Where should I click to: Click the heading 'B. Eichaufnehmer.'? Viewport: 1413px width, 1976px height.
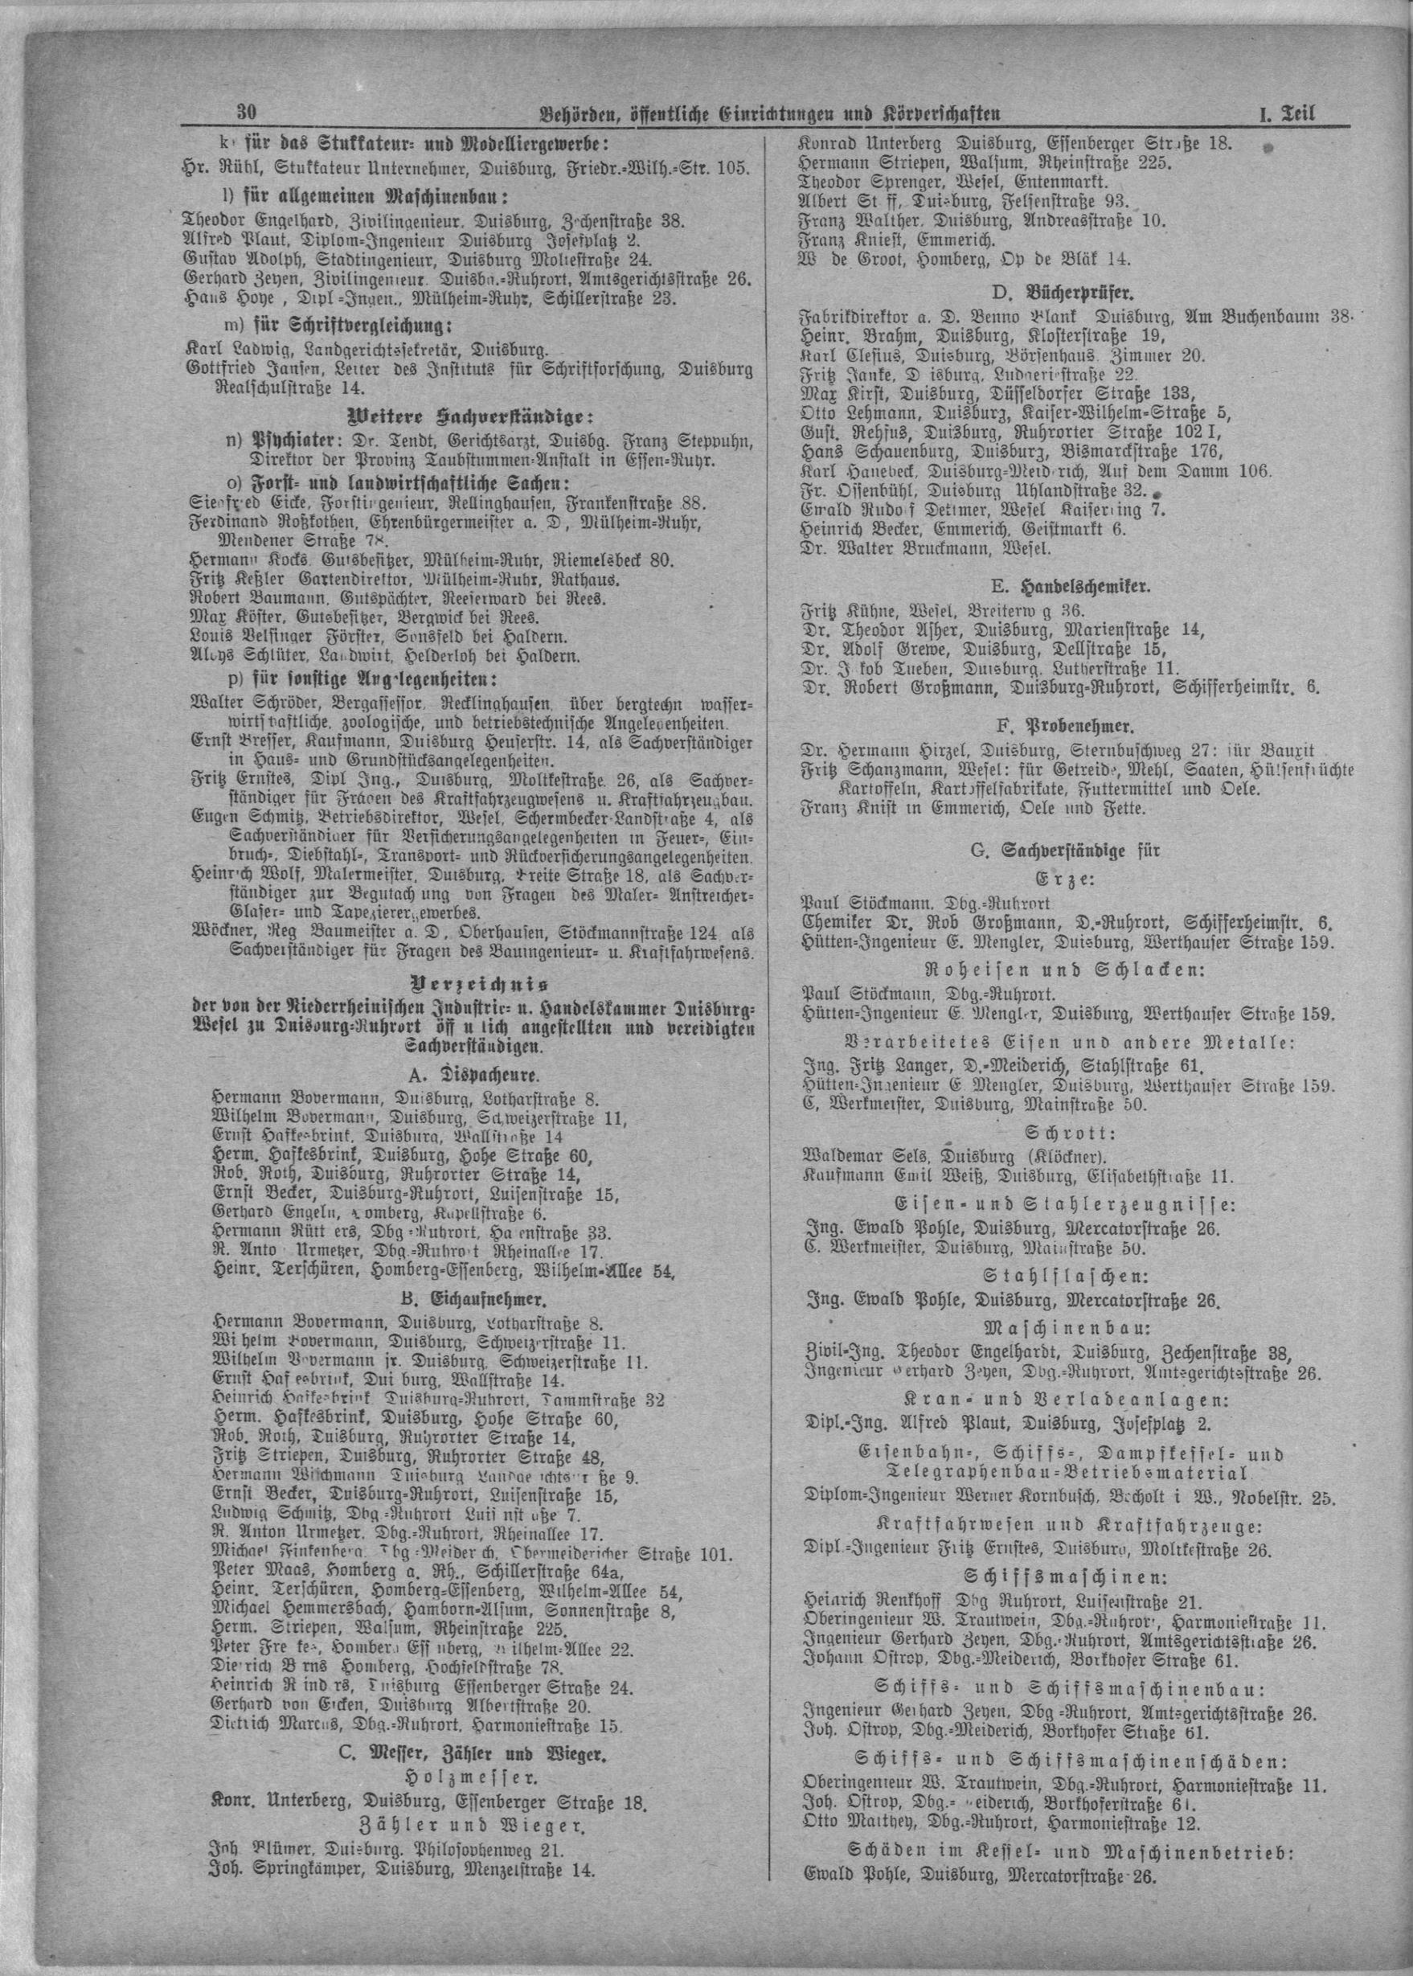473,1301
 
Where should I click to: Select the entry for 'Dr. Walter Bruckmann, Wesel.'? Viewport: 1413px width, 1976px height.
926,549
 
